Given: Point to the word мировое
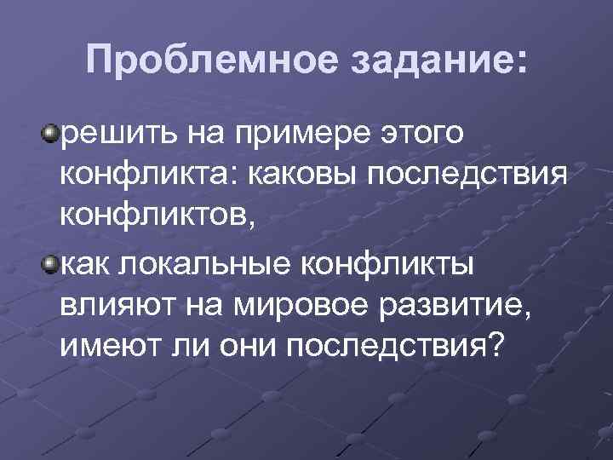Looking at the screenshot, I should pos(295,304).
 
